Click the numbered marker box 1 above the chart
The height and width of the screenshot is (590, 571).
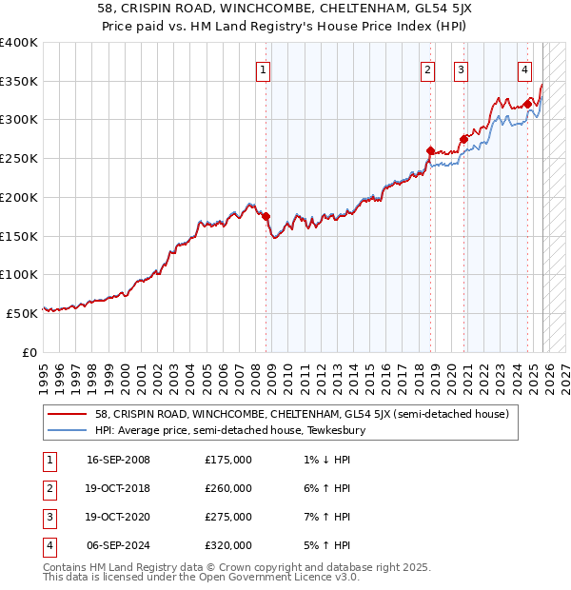click(262, 69)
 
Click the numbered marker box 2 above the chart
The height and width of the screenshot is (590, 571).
click(427, 69)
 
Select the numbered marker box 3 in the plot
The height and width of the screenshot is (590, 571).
click(461, 69)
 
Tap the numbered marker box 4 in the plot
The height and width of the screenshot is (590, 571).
click(524, 69)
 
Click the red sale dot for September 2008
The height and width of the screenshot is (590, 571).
click(266, 216)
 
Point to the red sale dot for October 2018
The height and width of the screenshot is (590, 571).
click(430, 150)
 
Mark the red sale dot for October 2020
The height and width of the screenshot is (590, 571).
click(463, 139)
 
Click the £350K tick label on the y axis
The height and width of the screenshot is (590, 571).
click(19, 82)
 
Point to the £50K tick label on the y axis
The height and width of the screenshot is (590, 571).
click(22, 312)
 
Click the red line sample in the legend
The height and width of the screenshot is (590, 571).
click(69, 415)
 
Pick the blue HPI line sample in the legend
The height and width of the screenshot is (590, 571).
click(69, 431)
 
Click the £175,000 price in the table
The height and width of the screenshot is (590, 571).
click(228, 460)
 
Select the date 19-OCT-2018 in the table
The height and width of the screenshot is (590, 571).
click(118, 488)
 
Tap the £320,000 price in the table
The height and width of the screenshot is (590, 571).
click(228, 545)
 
